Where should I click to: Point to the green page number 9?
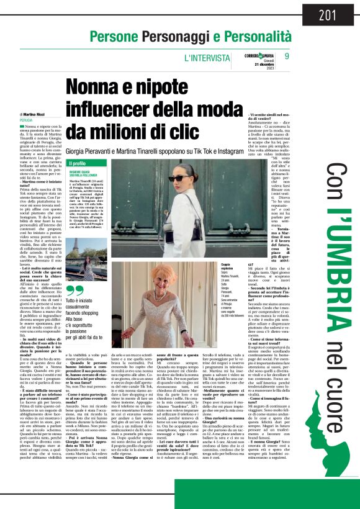click(x=287, y=56)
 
